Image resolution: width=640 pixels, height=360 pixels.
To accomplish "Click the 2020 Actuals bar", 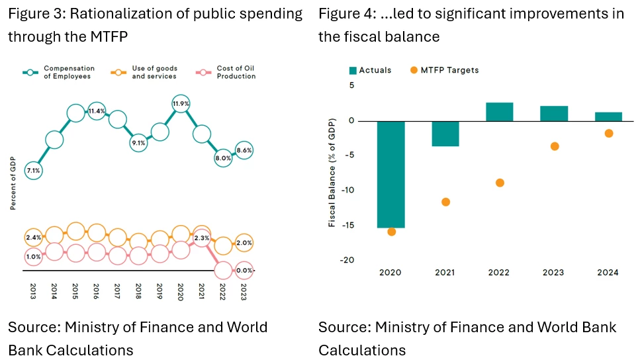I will [x=391, y=174].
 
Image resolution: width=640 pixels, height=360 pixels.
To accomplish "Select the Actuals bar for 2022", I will [x=499, y=112].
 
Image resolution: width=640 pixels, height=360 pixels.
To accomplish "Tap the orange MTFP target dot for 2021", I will [x=445, y=202].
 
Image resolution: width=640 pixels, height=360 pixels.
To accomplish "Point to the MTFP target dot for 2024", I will [x=609, y=134].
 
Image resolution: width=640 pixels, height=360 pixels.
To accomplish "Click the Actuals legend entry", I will [x=370, y=70].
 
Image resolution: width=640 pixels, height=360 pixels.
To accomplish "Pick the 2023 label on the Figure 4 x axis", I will [x=555, y=272].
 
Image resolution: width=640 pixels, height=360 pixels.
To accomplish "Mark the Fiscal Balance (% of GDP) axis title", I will [x=332, y=172].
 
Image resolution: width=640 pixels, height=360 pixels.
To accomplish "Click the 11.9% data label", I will [x=181, y=104].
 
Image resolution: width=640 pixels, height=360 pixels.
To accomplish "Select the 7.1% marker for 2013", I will [x=33, y=171].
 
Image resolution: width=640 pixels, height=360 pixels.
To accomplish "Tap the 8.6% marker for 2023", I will [x=244, y=151].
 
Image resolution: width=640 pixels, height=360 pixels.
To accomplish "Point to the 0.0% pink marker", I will [x=244, y=270].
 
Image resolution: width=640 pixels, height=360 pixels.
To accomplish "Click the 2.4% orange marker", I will [x=33, y=237].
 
